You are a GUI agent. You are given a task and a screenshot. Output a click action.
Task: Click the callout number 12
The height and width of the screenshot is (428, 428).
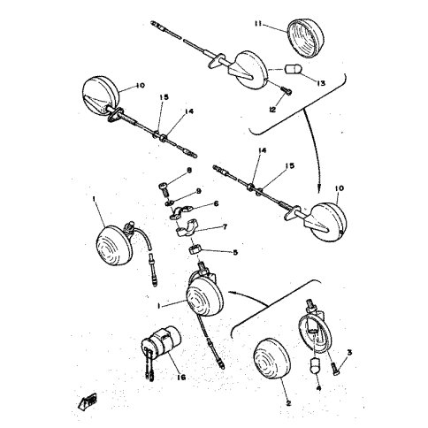pyautogui.click(x=273, y=111)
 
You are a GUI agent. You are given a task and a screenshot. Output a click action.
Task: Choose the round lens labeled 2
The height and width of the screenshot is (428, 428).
pyautogui.click(x=273, y=363)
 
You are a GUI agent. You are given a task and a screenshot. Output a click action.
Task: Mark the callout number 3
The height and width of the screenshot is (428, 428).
pyautogui.click(x=348, y=352)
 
